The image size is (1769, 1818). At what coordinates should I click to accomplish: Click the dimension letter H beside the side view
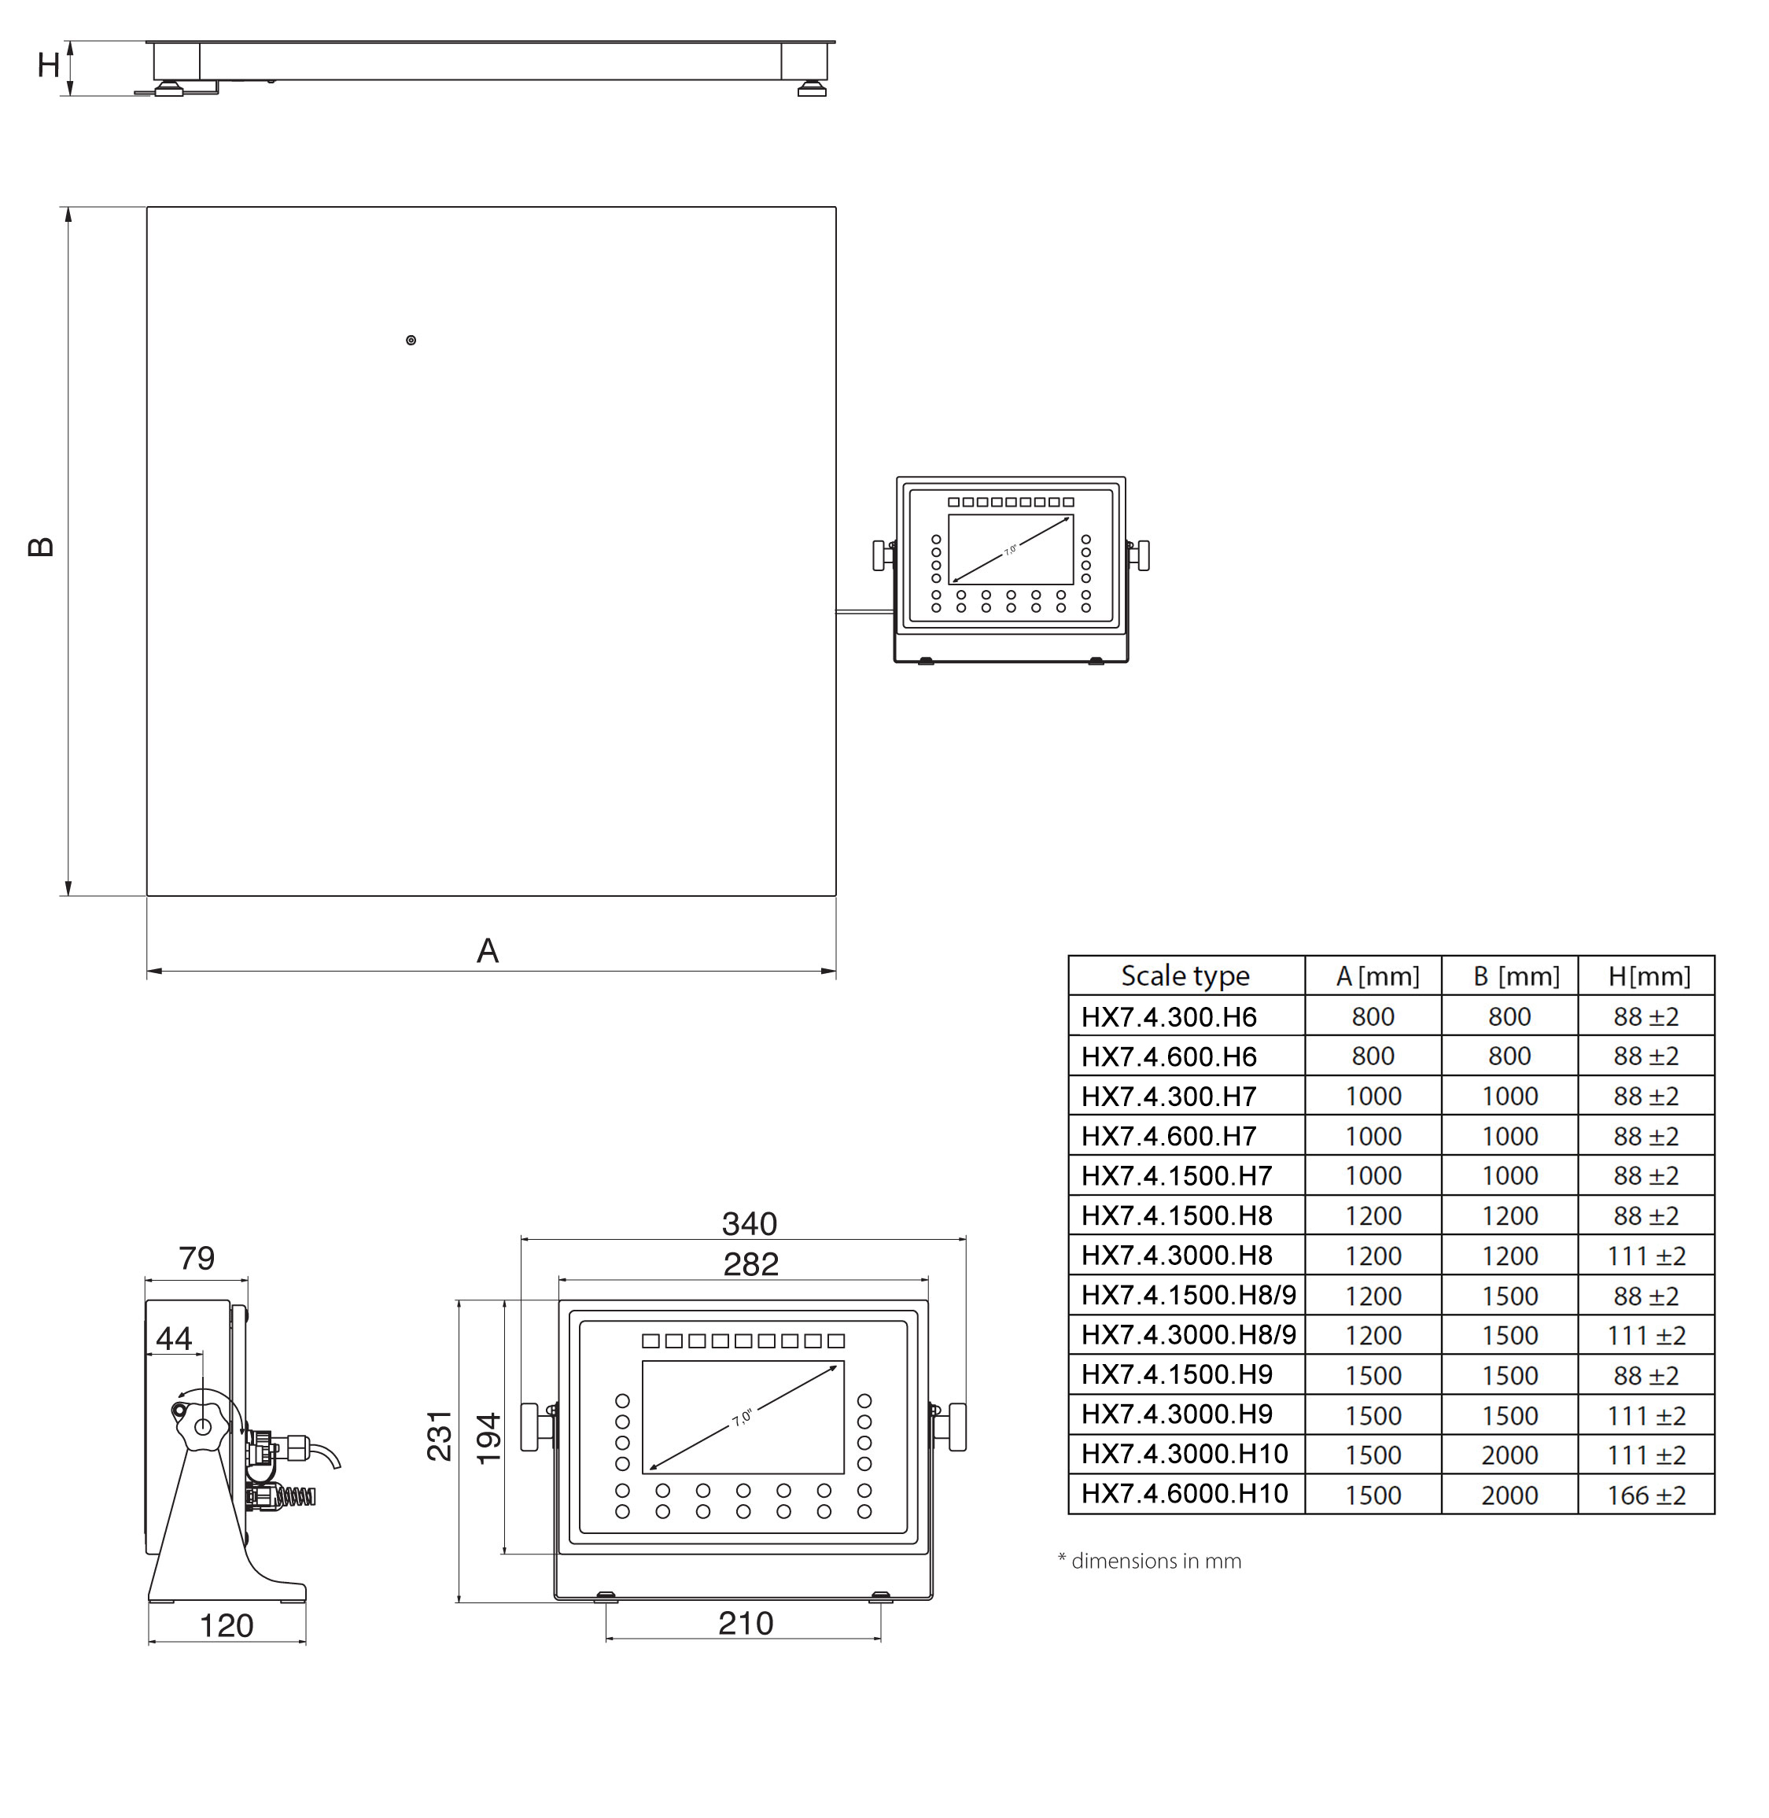click(x=48, y=65)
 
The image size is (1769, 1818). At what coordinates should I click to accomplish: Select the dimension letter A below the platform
click(x=488, y=951)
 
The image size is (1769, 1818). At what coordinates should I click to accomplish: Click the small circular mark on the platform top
click(x=411, y=340)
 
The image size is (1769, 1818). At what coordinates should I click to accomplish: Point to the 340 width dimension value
click(x=749, y=1223)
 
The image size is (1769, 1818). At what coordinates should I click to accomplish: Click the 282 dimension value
click(x=750, y=1263)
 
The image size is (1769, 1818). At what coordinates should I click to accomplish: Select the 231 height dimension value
click(x=440, y=1435)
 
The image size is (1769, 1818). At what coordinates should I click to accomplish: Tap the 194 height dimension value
click(x=488, y=1439)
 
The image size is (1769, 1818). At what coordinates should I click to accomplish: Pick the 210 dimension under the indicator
click(x=745, y=1623)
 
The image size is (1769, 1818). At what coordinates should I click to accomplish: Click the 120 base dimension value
click(x=227, y=1626)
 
